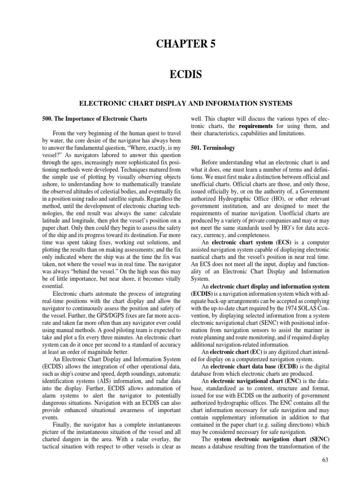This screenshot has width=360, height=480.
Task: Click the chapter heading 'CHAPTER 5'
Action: pos(180,45)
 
